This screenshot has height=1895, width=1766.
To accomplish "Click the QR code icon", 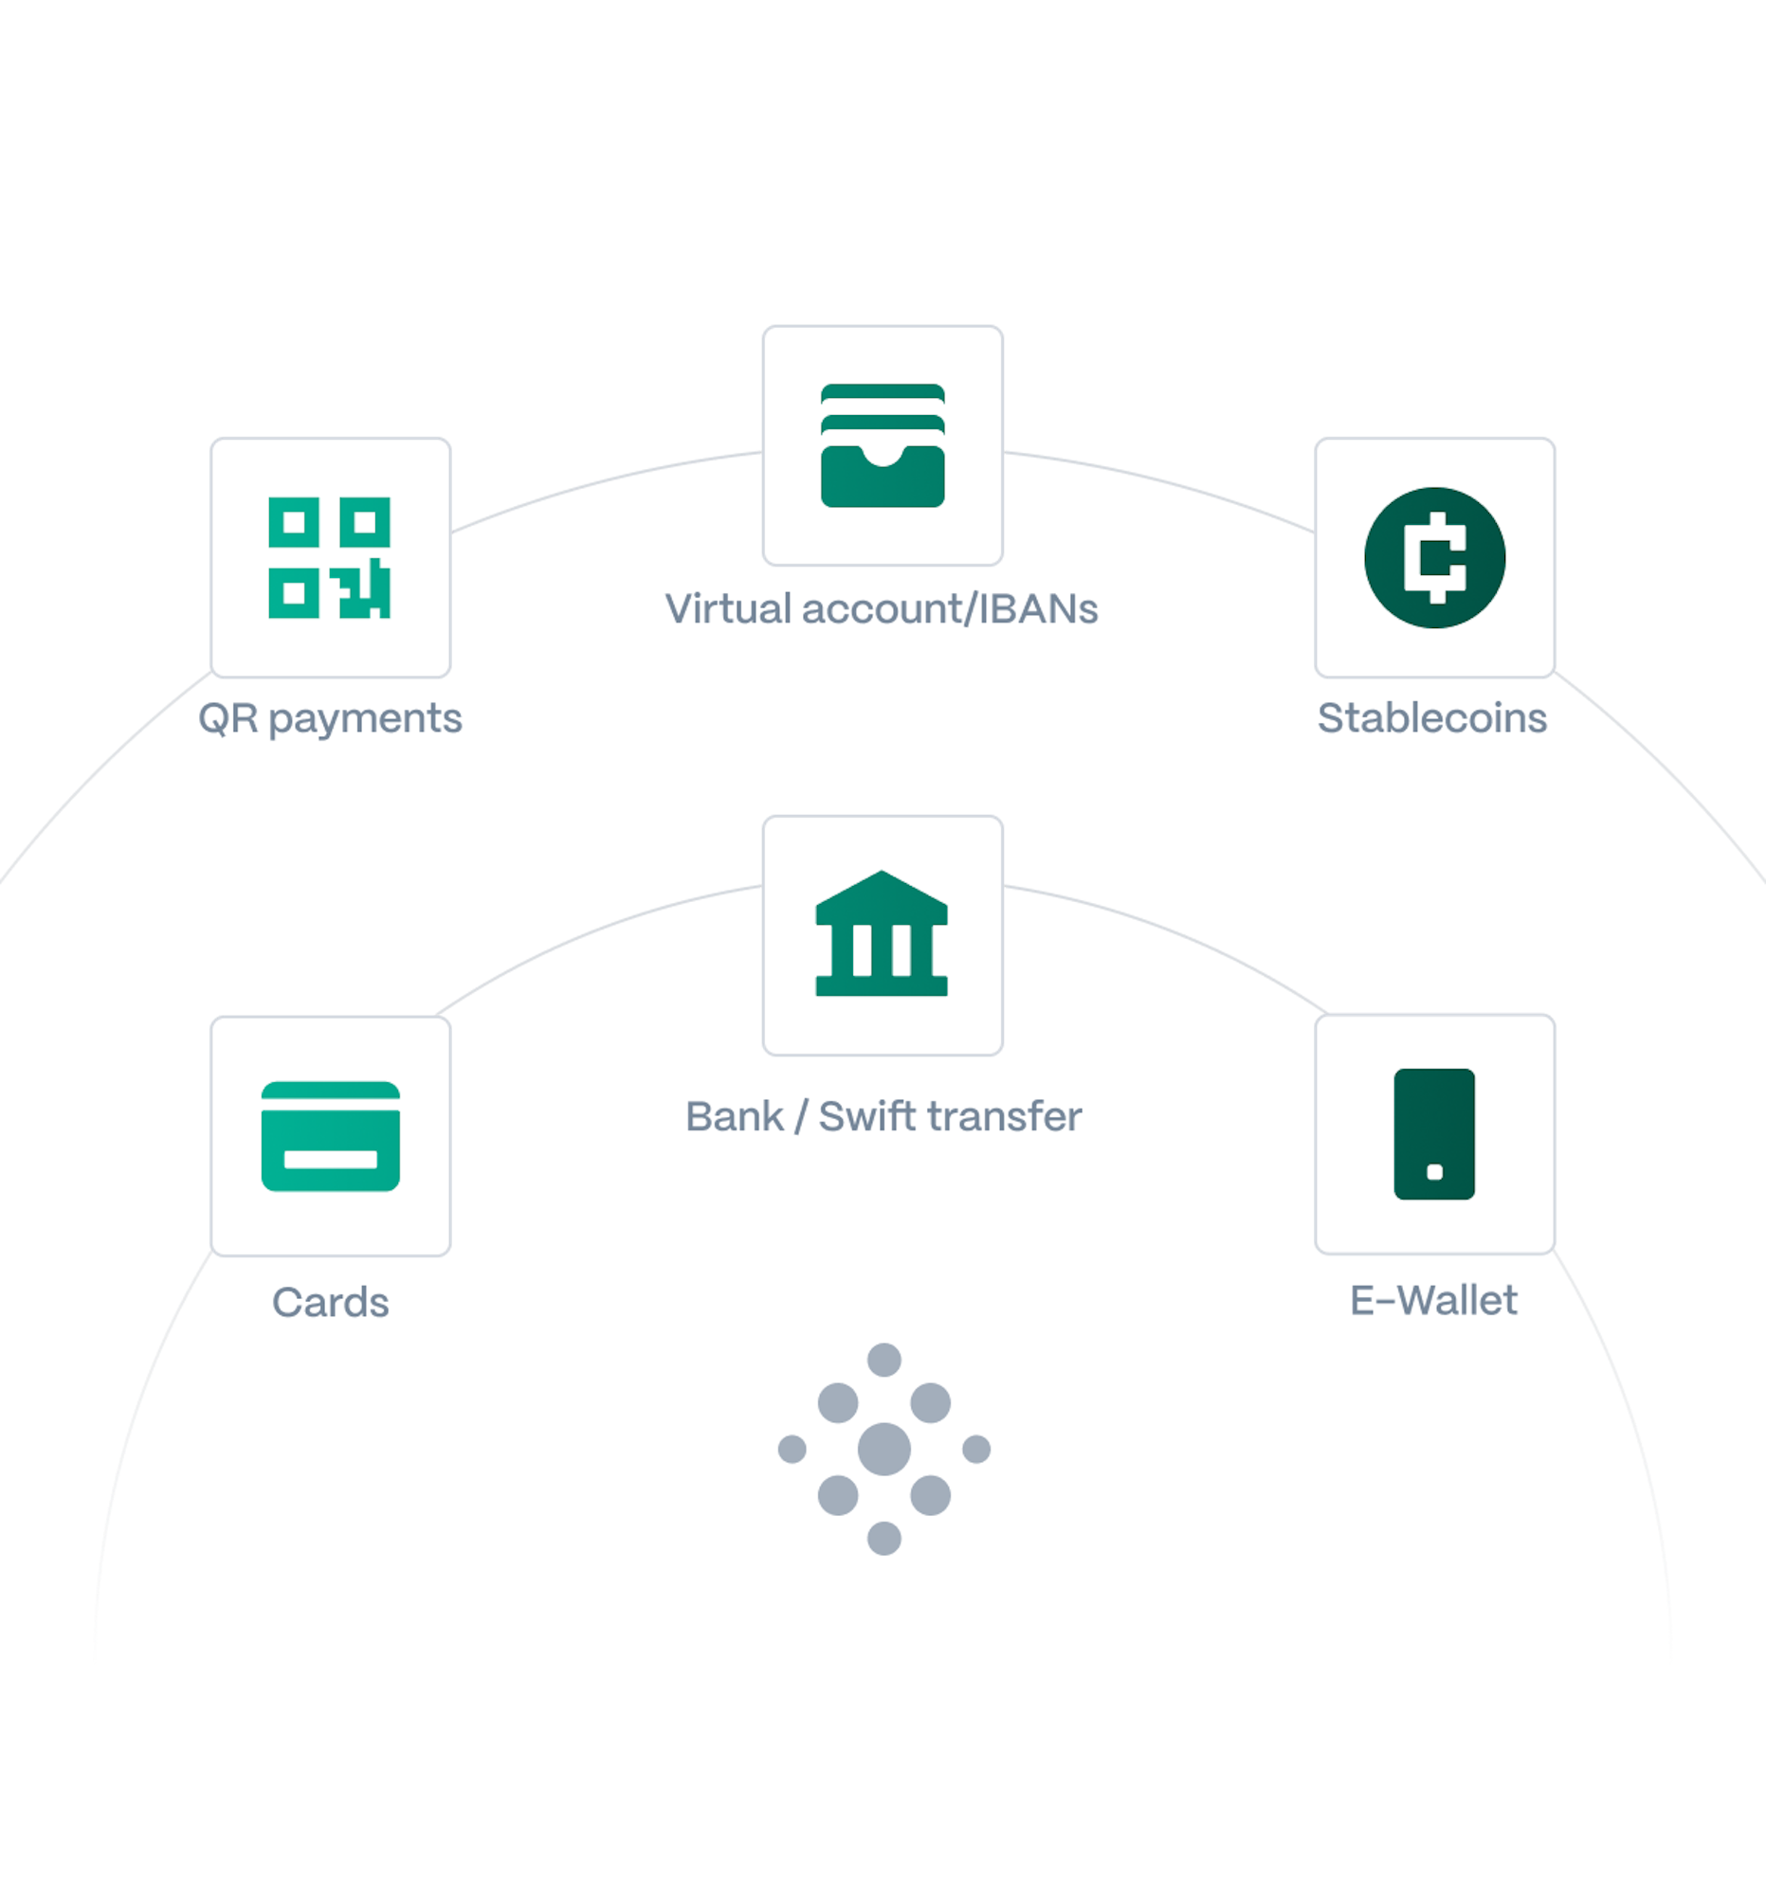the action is [x=329, y=558].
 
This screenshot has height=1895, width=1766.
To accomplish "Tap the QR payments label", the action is [x=330, y=719].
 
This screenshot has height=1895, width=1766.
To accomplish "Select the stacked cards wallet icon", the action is [x=882, y=445].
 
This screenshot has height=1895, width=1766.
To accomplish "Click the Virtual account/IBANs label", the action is [x=882, y=608].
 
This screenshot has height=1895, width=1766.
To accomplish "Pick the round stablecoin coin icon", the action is [x=1434, y=558].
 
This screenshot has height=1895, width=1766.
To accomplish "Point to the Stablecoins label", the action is [x=1432, y=718].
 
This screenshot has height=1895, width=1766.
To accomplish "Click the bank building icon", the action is [x=882, y=933].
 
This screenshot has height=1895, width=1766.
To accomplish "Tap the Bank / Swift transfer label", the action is [x=884, y=1115].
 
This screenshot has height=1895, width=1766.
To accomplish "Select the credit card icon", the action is [x=330, y=1136].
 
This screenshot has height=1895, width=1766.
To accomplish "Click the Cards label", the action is [x=331, y=1302].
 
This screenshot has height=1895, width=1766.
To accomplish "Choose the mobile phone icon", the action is [x=1434, y=1133].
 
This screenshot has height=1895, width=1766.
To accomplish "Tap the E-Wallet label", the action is [x=1433, y=1300].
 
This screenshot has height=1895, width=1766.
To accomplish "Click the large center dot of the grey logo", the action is [x=884, y=1449].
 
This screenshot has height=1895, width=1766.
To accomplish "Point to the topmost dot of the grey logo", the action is [x=884, y=1360].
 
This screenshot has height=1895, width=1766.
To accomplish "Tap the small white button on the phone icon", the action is [x=1434, y=1172].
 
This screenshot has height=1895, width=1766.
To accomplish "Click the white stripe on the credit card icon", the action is [x=330, y=1159].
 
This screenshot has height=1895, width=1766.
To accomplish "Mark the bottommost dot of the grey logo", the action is [x=884, y=1539].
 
